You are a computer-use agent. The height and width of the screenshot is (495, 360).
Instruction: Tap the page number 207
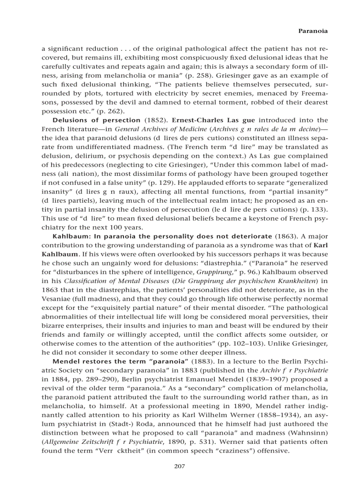point(180,466)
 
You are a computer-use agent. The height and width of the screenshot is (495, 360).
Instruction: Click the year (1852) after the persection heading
point(156,120)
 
